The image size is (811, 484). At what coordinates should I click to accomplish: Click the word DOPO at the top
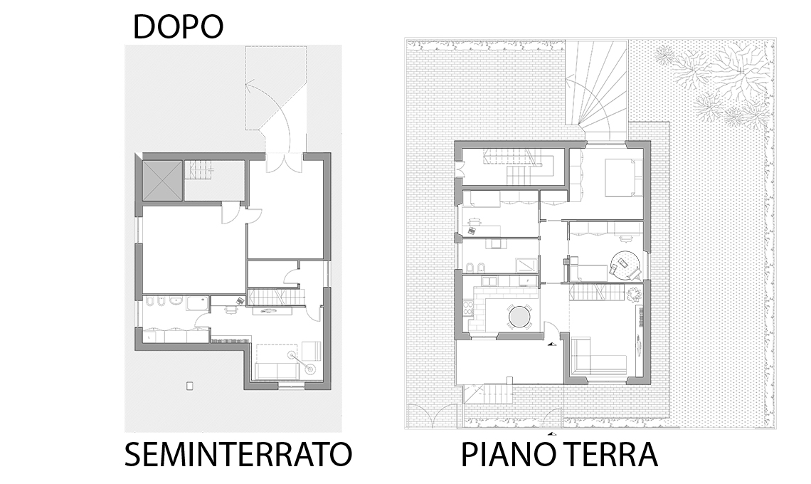coord(178,27)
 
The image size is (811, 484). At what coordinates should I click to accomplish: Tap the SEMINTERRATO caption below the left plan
coord(238,454)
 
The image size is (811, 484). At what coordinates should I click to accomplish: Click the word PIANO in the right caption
coord(504,454)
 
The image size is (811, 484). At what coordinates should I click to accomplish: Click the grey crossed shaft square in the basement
coord(162,180)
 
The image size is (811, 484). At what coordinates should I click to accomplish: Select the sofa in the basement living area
coord(277,371)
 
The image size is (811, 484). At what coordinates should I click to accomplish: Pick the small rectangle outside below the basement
coord(190,386)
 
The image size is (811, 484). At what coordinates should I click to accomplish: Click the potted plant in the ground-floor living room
coord(633,294)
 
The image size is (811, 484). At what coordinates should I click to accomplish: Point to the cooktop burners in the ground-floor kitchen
coord(468,309)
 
